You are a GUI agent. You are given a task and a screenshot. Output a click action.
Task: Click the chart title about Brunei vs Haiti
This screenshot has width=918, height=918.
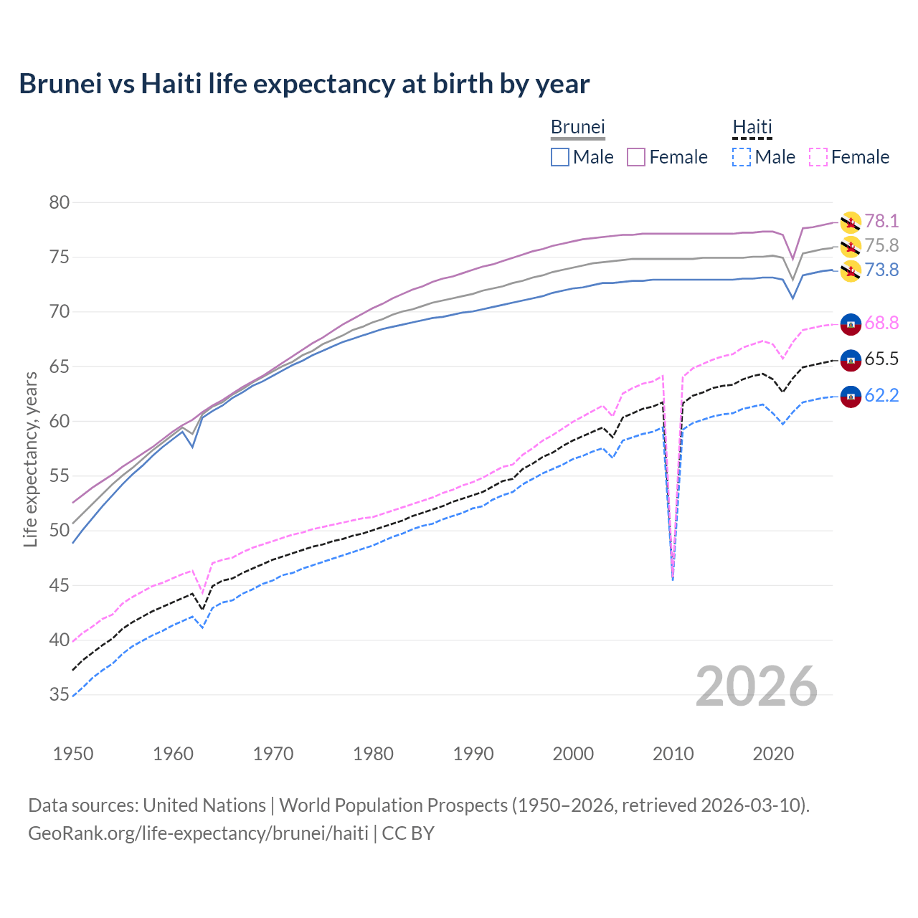(304, 84)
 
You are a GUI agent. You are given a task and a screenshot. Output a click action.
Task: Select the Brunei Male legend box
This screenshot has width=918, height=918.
(560, 157)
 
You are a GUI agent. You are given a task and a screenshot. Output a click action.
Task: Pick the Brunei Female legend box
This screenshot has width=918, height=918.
(636, 157)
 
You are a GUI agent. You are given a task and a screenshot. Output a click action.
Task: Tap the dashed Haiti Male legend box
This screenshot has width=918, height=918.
(742, 157)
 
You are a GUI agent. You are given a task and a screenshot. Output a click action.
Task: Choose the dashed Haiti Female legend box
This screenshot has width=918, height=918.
(818, 157)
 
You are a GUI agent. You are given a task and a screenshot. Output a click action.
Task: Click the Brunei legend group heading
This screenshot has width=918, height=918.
(578, 127)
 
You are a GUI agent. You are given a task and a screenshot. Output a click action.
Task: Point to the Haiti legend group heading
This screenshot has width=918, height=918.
(752, 127)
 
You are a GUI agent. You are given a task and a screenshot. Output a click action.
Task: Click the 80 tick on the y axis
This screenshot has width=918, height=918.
(60, 202)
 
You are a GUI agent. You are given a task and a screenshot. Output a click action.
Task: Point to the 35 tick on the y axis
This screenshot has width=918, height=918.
(60, 694)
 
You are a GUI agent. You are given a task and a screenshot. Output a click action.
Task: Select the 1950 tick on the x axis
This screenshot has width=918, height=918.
(73, 754)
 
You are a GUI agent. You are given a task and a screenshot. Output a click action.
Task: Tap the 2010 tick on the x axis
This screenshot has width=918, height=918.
(673, 754)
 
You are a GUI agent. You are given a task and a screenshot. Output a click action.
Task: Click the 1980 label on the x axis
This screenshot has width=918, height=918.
(373, 754)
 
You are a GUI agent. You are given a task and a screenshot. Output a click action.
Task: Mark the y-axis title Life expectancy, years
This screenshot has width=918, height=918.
(30, 459)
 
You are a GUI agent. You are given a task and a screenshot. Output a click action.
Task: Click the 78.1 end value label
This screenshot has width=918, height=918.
(881, 221)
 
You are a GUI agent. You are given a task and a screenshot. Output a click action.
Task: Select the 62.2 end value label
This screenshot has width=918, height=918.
(881, 395)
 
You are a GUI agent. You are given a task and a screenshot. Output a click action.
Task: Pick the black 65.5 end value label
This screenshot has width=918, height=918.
(881, 359)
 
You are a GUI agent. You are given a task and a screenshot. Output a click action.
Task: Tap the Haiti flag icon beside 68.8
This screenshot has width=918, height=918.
(851, 324)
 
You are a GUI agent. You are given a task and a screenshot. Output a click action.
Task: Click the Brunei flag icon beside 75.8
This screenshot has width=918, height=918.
(851, 247)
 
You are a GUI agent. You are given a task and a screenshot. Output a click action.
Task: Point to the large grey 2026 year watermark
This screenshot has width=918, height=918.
(757, 686)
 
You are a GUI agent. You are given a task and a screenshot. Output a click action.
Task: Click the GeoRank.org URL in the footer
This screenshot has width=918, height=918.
(198, 833)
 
